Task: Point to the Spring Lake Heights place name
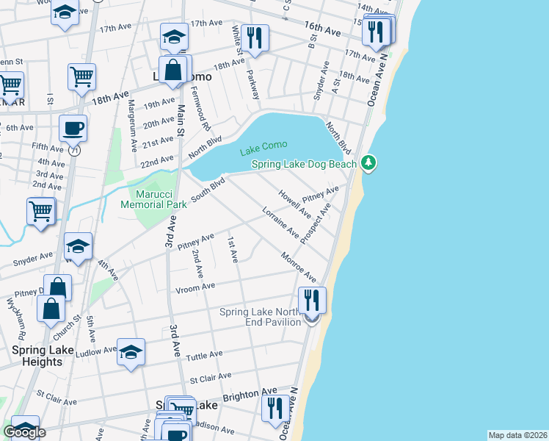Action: [37, 356]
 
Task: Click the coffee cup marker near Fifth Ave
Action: [73, 128]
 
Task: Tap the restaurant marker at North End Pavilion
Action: [312, 299]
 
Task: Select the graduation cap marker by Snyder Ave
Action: [78, 246]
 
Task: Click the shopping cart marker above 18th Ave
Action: [81, 76]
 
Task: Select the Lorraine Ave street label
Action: [280, 223]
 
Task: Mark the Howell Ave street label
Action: [294, 204]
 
